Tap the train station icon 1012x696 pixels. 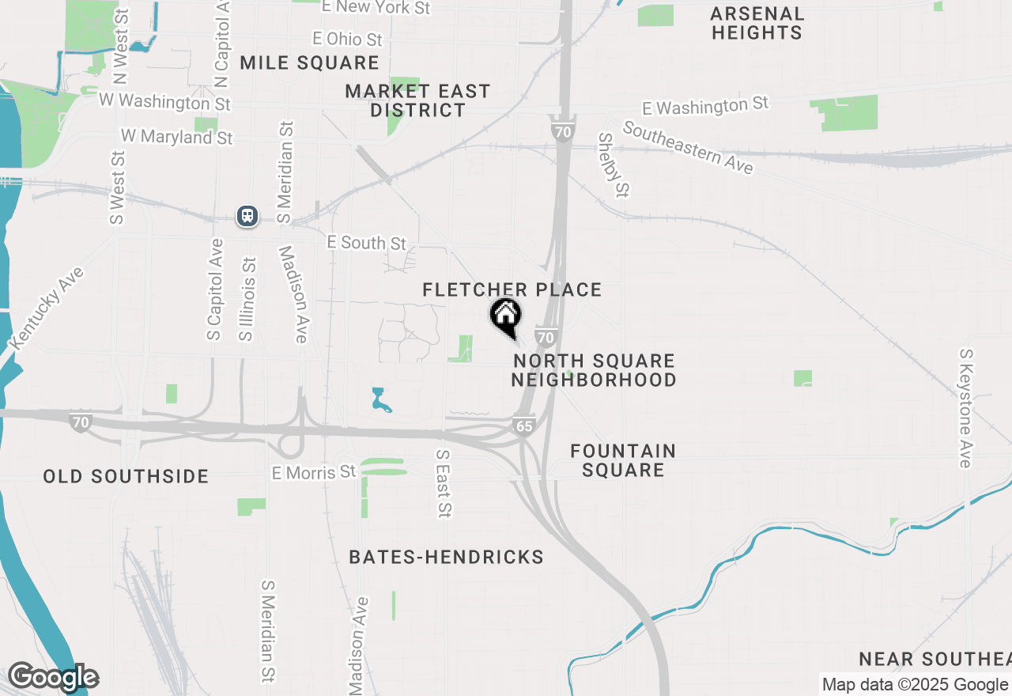click(x=247, y=216)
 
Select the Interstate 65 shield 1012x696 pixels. click(x=525, y=426)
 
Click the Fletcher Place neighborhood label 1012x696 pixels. click(x=512, y=290)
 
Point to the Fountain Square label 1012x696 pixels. click(x=623, y=460)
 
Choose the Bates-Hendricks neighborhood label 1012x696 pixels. click(x=447, y=558)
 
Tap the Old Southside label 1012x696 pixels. click(x=126, y=476)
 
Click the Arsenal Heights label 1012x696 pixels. click(x=757, y=23)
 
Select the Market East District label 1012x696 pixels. click(x=417, y=100)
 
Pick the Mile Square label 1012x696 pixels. click(x=310, y=63)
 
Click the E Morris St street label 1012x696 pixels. click(x=314, y=472)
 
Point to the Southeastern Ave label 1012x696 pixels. click(x=687, y=147)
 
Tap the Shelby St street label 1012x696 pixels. click(x=614, y=165)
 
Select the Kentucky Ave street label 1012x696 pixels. click(x=47, y=308)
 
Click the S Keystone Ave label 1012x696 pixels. click(x=965, y=408)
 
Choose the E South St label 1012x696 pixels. click(x=366, y=243)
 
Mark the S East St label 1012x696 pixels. click(x=444, y=484)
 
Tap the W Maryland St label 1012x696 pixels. click(x=177, y=137)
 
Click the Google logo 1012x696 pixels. click(x=52, y=677)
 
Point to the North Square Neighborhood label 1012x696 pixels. click(x=593, y=370)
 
